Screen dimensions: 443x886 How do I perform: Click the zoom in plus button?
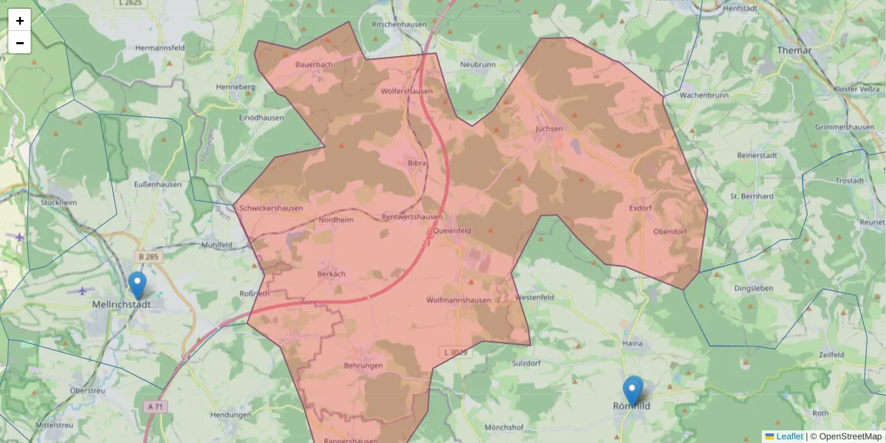click(x=20, y=21)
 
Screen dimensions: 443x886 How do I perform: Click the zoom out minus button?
click(x=20, y=43)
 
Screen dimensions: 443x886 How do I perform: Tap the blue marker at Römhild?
click(x=633, y=390)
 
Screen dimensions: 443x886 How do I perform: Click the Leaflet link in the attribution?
click(x=789, y=436)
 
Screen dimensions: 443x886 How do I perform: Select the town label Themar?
click(x=794, y=50)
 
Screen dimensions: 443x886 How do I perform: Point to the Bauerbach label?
click(x=314, y=65)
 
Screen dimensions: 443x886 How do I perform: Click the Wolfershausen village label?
click(x=406, y=92)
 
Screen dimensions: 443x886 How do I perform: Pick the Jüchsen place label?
click(x=549, y=128)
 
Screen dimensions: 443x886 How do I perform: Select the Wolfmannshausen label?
click(x=459, y=301)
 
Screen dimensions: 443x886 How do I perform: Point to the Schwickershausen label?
click(x=271, y=208)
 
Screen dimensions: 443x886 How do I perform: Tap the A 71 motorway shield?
click(x=154, y=407)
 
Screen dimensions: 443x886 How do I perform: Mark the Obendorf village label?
click(x=670, y=232)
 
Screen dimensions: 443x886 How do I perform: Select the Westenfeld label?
click(x=535, y=298)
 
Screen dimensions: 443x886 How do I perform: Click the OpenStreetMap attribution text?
click(x=850, y=436)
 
